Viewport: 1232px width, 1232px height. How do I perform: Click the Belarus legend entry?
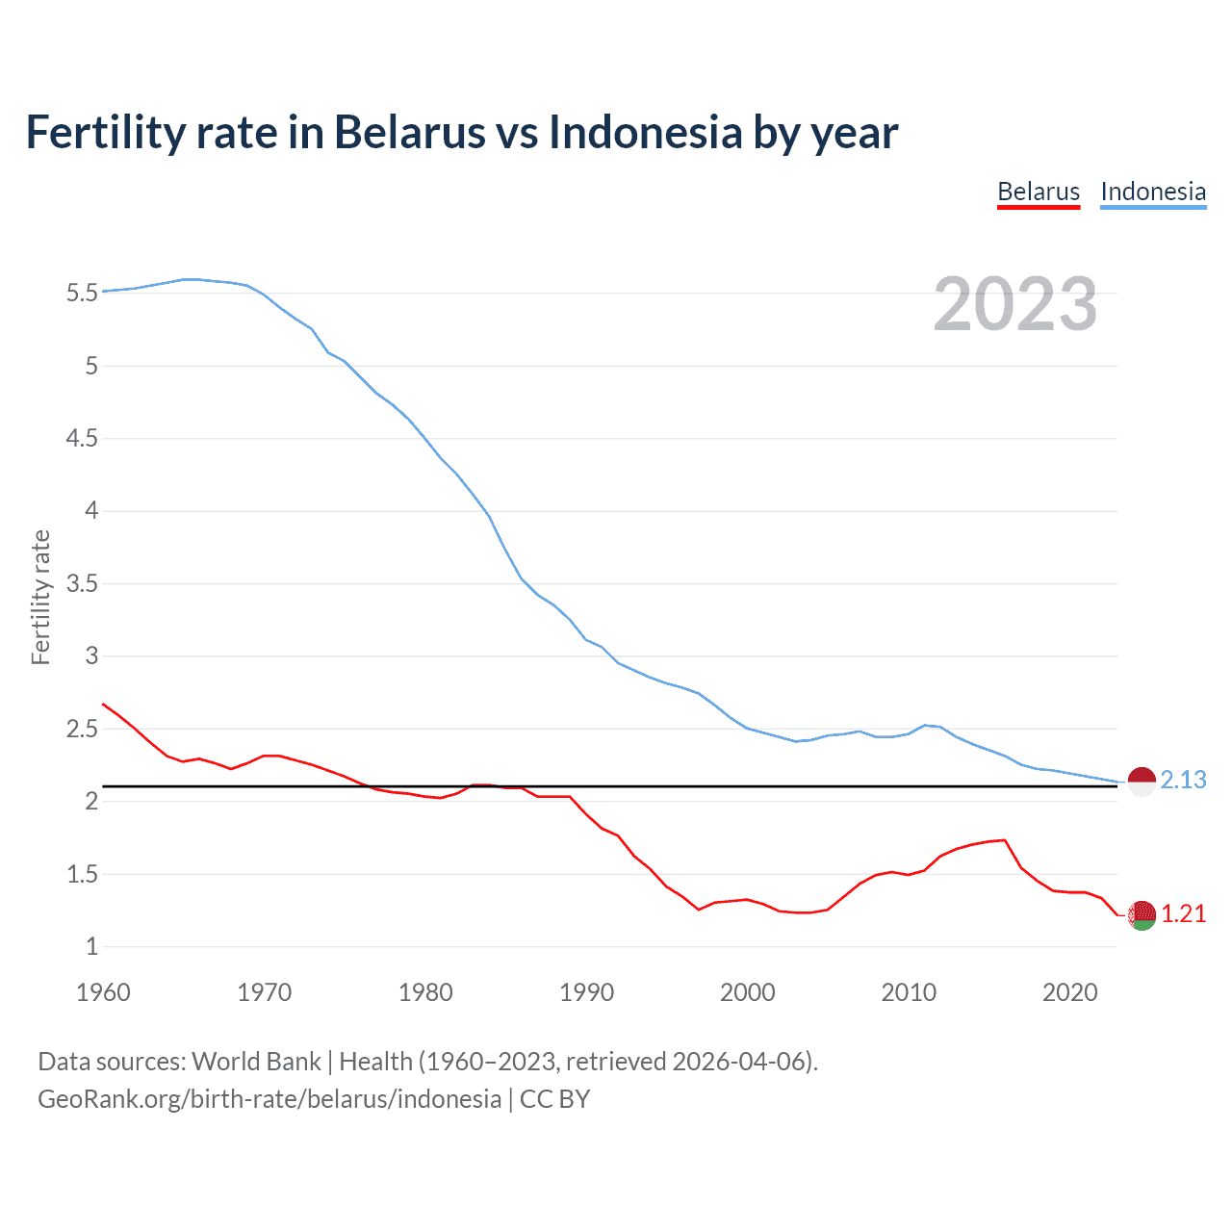[x=1039, y=192]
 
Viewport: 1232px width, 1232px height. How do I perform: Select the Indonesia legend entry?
[x=1153, y=192]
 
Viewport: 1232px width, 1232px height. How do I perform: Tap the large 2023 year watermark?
[x=1015, y=304]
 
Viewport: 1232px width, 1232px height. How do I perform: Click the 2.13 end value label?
[x=1183, y=780]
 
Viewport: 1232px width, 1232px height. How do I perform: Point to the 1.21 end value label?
[x=1183, y=913]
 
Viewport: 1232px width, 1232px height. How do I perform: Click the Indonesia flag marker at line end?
[x=1142, y=782]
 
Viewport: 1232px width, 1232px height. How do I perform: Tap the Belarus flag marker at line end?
[x=1142, y=915]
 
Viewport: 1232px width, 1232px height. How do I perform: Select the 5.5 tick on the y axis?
[x=82, y=293]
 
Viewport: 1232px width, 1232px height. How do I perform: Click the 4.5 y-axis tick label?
[x=82, y=438]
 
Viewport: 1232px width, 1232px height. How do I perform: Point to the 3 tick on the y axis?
[x=91, y=656]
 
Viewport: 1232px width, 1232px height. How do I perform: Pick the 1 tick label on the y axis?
[x=91, y=947]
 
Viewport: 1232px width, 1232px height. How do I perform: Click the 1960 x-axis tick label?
[x=103, y=992]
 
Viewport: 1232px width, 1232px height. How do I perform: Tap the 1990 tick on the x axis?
[x=586, y=992]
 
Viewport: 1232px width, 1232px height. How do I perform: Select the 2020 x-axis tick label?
[x=1069, y=992]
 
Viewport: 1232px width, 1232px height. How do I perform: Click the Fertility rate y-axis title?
[x=40, y=597]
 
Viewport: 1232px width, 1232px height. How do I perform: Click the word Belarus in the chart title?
[x=409, y=133]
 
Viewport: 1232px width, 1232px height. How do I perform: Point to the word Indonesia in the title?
[x=645, y=133]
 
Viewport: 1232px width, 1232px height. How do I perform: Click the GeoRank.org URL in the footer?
[x=269, y=1099]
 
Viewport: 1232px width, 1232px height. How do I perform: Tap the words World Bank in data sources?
[x=256, y=1062]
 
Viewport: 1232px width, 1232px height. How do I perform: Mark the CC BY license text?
[x=554, y=1099]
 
